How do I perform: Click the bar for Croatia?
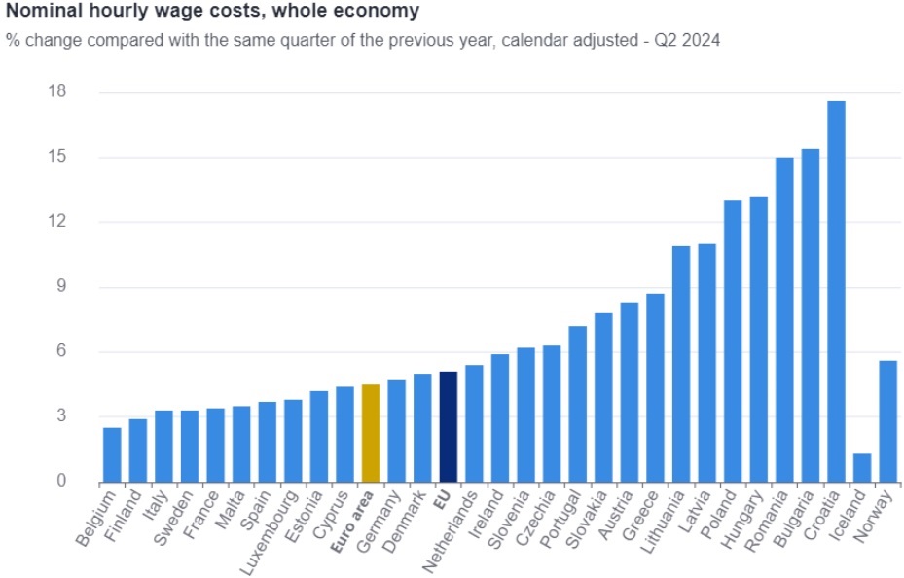836,292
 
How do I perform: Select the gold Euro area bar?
371,433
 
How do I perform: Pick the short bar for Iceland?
862,468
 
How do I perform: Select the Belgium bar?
113,454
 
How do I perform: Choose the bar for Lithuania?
681,364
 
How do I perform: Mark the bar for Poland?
733,341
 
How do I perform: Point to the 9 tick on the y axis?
59,287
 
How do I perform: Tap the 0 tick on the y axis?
59,482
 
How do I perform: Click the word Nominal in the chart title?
43,12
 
